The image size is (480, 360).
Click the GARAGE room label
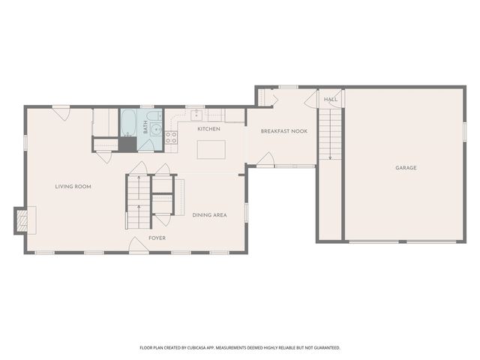pyautogui.click(x=406, y=168)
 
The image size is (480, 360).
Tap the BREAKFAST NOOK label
pyautogui.click(x=284, y=131)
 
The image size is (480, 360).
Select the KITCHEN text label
pyautogui.click(x=208, y=129)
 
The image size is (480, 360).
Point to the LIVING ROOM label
pyautogui.click(x=73, y=186)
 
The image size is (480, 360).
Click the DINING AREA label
pyautogui.click(x=209, y=215)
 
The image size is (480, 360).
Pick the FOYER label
pyautogui.click(x=157, y=238)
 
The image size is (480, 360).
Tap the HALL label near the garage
pyautogui.click(x=331, y=99)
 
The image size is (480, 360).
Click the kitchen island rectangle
pyautogui.click(x=211, y=149)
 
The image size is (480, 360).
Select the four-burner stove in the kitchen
pyautogui.click(x=171, y=137)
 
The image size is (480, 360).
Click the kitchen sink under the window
pyautogui.click(x=196, y=115)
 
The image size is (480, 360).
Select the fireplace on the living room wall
pyautogui.click(x=23, y=220)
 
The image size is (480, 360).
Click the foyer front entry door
pyautogui.click(x=137, y=244)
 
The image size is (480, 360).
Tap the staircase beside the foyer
pyautogui.click(x=138, y=202)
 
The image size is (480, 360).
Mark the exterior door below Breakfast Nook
pyautogui.click(x=265, y=160)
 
